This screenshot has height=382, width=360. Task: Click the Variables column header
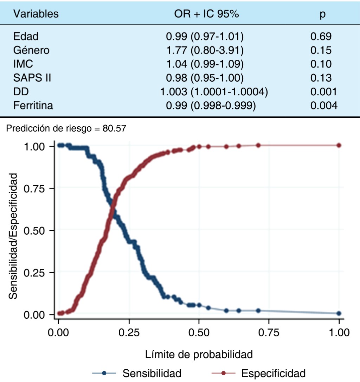coord(36,14)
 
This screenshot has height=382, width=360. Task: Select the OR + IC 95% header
coord(207,14)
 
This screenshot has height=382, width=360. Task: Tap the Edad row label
coord(26,36)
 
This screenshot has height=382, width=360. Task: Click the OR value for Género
coord(205,50)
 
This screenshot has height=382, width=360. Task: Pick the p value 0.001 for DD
coord(323,92)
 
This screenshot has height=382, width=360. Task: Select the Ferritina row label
coord(33,106)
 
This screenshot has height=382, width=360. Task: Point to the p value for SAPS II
coord(321,78)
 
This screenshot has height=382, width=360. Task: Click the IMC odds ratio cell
coord(205,64)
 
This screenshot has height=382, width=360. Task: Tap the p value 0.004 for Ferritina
coord(323,106)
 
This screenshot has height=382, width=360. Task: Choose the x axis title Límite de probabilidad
coord(199,354)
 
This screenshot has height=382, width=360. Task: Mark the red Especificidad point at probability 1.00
coord(339,145)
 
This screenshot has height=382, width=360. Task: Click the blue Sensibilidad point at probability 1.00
coord(339,313)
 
